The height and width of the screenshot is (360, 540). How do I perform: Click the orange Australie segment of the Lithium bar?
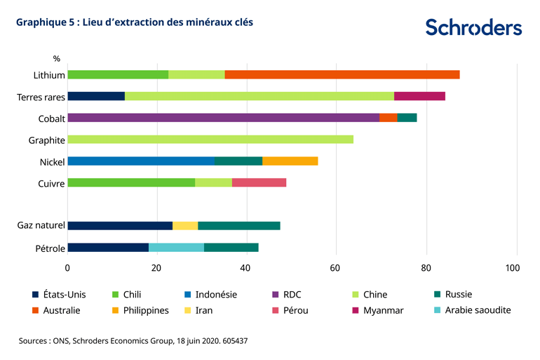342,74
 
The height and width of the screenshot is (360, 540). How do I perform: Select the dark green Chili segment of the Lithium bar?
118,74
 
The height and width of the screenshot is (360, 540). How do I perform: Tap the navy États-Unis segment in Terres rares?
95,96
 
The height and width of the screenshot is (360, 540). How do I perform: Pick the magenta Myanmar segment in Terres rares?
419,96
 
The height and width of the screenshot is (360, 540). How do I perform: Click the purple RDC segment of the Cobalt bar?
223,118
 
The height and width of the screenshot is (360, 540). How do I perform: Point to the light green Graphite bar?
210,140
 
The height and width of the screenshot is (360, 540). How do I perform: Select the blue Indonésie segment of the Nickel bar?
140,161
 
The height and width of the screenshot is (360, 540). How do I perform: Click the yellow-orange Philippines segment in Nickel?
290,161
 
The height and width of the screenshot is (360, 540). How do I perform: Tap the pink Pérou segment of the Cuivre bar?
259,183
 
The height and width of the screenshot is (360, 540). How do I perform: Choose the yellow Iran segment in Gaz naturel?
185,225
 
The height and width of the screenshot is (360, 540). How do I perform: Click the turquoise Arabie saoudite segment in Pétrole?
176,247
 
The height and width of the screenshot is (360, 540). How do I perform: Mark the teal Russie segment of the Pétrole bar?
231,247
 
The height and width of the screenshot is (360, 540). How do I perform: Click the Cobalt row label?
51,119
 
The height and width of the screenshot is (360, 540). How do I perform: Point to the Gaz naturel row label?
41,225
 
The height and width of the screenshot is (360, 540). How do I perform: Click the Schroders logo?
473,27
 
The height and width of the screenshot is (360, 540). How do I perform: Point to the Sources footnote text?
133,340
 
